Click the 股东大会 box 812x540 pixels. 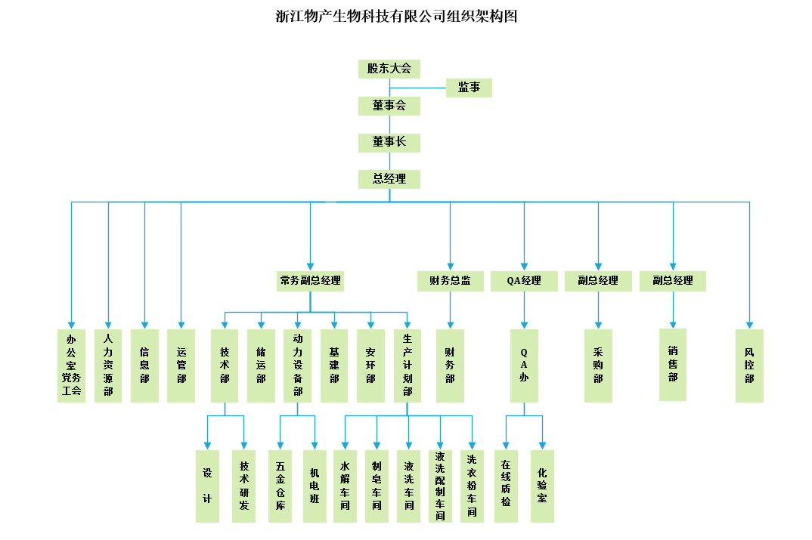389,69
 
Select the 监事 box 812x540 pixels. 469,88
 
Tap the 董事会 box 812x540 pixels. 389,106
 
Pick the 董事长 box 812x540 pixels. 389,142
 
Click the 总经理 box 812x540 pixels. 389,179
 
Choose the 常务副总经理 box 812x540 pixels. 311,281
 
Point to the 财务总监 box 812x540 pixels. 450,281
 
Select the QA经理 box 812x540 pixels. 524,281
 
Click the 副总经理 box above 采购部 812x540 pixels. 598,281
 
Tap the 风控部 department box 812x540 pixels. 749,366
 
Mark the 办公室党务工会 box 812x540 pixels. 72,366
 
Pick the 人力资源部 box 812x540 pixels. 108,366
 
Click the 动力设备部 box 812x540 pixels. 298,366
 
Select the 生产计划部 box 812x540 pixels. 408,366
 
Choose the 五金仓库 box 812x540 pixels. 280,486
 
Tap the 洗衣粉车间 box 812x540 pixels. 472,486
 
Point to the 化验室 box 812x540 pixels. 542,486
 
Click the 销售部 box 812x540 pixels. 673,364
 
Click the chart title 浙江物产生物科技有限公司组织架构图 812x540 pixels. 396,16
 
